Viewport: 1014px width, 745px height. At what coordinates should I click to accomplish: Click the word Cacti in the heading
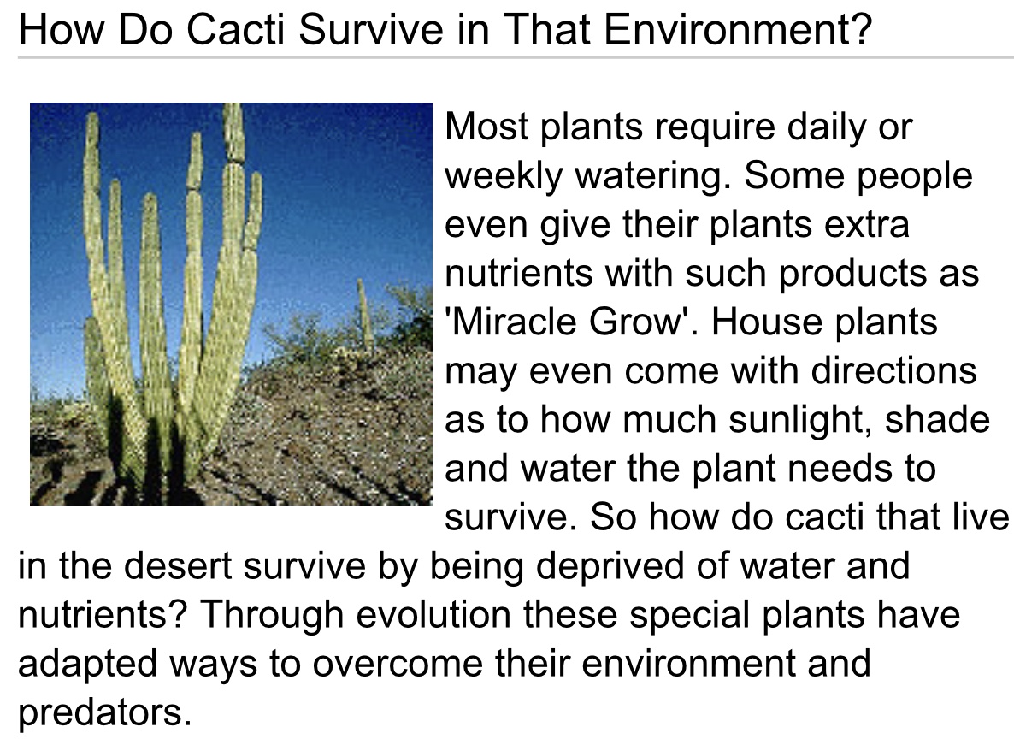[x=235, y=30]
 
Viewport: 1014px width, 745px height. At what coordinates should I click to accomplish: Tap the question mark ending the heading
[x=861, y=30]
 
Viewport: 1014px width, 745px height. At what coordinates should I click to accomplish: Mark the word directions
[x=893, y=371]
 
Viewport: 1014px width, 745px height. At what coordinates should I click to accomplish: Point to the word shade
[x=938, y=420]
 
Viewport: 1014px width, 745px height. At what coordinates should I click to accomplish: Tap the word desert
[x=177, y=566]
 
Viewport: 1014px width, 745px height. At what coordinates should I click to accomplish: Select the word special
[x=688, y=616]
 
